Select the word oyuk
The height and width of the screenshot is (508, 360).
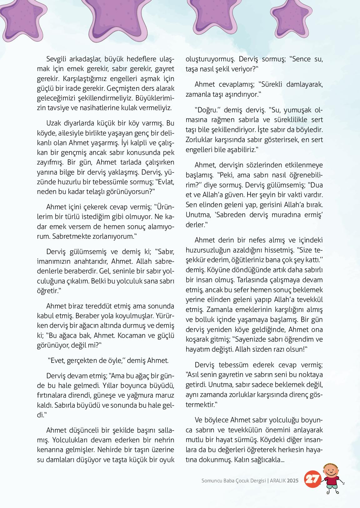(167, 460)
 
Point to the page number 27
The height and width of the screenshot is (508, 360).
(312, 479)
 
